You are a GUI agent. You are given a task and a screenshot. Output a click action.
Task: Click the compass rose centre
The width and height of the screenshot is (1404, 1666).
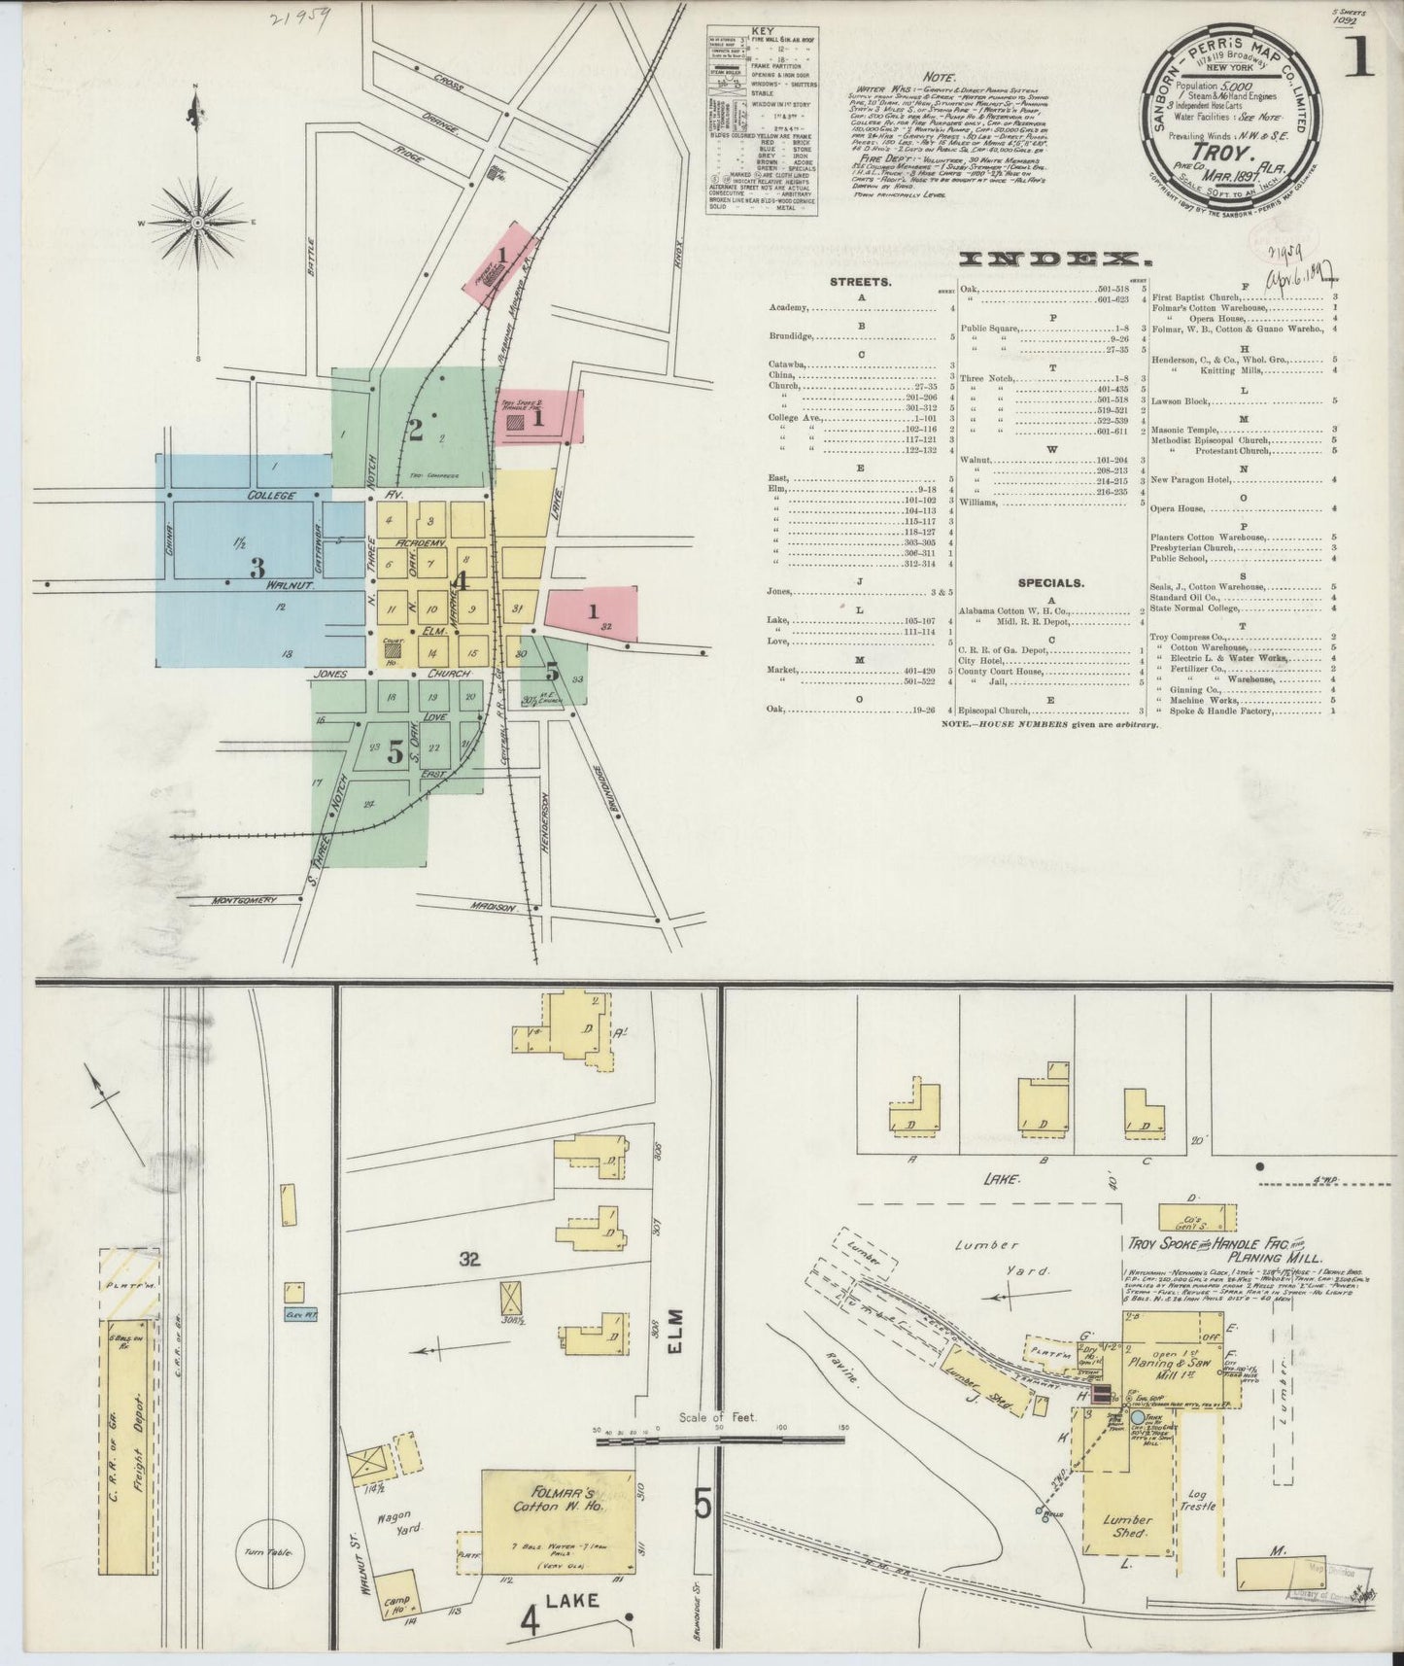[197, 222]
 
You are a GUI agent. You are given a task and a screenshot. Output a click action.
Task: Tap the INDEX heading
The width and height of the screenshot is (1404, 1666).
[1049, 260]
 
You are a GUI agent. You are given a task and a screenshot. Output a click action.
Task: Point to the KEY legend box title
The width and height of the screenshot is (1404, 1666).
[762, 31]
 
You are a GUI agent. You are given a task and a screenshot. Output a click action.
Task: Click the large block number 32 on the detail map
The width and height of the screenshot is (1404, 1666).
[470, 1261]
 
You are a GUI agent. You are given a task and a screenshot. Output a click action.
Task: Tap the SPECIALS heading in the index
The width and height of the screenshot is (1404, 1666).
[1050, 583]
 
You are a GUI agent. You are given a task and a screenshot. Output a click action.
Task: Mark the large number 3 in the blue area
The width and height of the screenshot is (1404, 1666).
[257, 566]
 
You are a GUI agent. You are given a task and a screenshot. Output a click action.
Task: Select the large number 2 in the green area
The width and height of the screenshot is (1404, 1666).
[415, 430]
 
